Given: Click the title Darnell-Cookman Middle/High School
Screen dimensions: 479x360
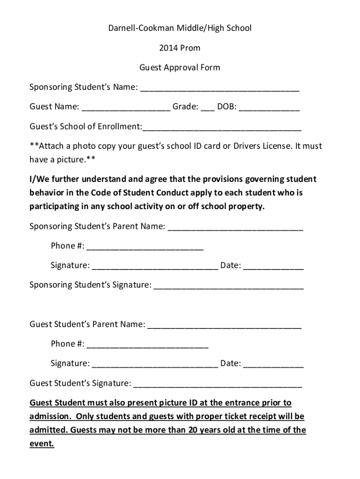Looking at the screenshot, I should coord(180,28).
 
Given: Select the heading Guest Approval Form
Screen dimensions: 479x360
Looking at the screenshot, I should coord(180,67).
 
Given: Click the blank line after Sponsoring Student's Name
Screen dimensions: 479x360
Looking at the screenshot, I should coord(220,89).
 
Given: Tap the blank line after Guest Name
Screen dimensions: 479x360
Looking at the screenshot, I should coord(126,109).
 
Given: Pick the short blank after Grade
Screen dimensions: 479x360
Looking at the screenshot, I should coord(208,109).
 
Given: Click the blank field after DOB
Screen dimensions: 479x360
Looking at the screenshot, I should coord(270,109).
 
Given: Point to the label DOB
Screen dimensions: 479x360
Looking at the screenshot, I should coord(226,107).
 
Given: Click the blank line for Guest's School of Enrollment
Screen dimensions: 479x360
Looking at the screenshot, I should coord(222,128).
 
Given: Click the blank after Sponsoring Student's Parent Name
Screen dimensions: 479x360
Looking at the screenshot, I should coord(235,228).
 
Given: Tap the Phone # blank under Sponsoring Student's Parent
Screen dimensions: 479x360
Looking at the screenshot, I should coord(145,248).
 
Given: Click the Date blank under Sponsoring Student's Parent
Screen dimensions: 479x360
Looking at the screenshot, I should coord(274,268).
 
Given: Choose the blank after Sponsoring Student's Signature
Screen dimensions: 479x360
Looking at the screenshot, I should coord(229,287).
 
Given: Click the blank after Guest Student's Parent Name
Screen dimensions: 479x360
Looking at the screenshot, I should coord(224,326).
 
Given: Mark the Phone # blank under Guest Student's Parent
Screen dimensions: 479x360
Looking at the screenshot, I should coord(147,346).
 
